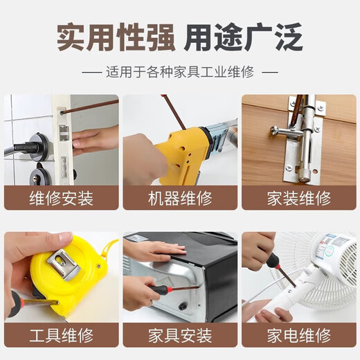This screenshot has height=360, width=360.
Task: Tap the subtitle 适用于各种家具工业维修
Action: [180, 72]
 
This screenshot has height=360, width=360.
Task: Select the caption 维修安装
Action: [61, 199]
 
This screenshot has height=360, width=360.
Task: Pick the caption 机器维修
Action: [180, 199]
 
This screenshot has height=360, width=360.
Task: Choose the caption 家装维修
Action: [299, 199]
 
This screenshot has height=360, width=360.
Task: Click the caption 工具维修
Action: [61, 336]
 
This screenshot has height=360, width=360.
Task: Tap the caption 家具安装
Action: [180, 336]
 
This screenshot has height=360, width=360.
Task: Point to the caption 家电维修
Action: [299, 336]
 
